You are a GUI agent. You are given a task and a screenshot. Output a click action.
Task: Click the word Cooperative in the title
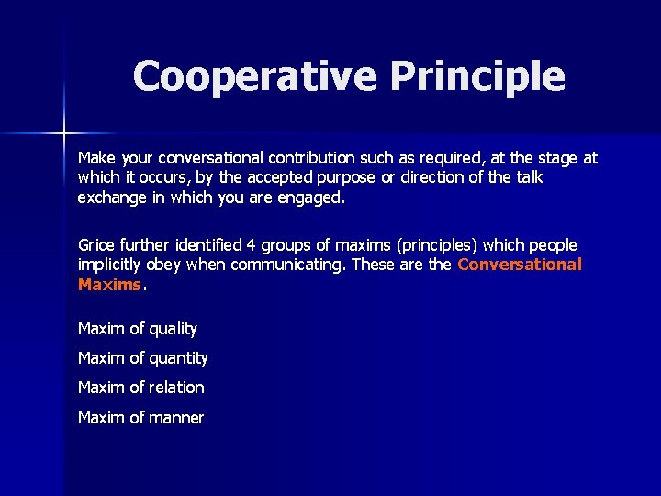click(255, 76)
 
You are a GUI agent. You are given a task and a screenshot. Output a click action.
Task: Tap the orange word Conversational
click(519, 265)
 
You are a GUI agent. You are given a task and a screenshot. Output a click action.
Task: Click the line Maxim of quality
click(138, 329)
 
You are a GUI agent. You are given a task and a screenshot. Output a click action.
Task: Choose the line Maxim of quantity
click(143, 358)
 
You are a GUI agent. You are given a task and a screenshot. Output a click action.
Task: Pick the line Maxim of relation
click(141, 388)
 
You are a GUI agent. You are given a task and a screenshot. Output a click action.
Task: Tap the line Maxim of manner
click(140, 418)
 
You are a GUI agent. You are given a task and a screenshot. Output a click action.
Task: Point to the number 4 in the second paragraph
click(251, 245)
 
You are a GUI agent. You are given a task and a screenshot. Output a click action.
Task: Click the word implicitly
click(114, 265)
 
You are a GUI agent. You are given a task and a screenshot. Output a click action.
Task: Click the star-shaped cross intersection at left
click(64, 134)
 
